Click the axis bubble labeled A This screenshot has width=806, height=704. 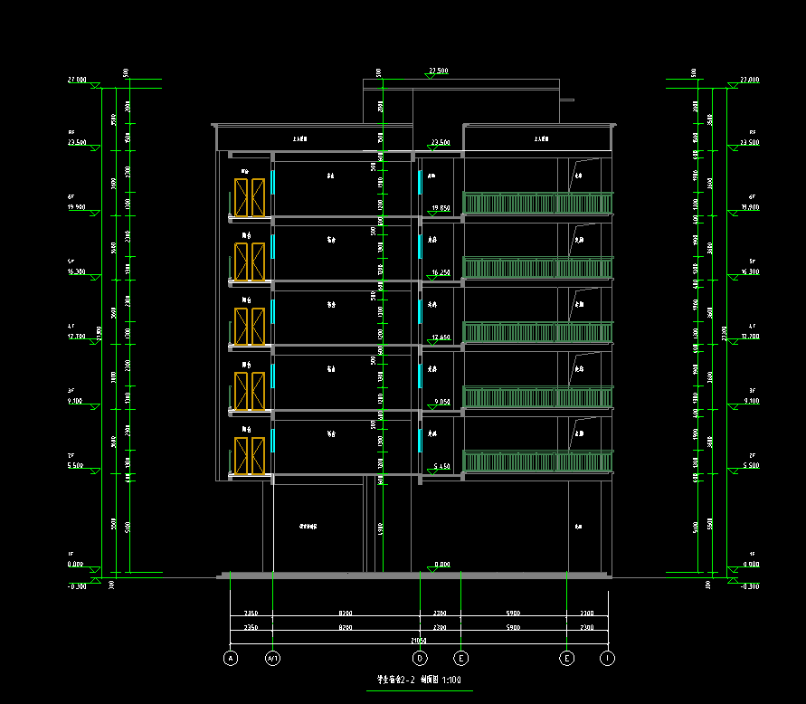231,658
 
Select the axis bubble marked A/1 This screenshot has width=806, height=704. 273,658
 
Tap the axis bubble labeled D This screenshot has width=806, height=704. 420,658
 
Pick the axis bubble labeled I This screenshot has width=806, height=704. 608,658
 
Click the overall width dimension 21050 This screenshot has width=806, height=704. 419,640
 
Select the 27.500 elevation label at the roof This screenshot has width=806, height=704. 439,70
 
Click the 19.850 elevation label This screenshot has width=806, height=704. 441,207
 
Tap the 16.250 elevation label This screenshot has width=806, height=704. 441,271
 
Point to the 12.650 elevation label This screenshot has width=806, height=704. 441,337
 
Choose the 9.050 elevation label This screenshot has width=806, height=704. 441,402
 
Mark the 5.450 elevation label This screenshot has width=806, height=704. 441,467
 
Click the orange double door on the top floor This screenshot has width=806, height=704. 250,197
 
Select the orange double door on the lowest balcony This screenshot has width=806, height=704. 250,456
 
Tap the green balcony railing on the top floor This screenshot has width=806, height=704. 537,203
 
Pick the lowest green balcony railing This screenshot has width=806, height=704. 537,461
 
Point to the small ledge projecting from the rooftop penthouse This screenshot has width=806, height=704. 567,100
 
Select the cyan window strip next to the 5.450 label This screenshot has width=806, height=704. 420,440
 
